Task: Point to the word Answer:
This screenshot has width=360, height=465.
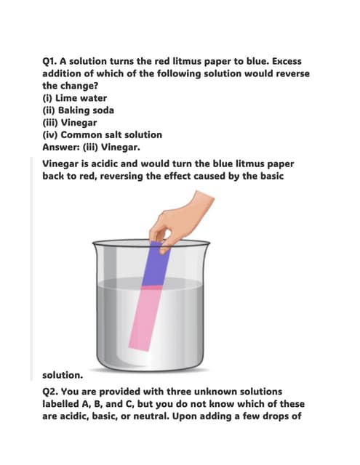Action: [61, 146]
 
